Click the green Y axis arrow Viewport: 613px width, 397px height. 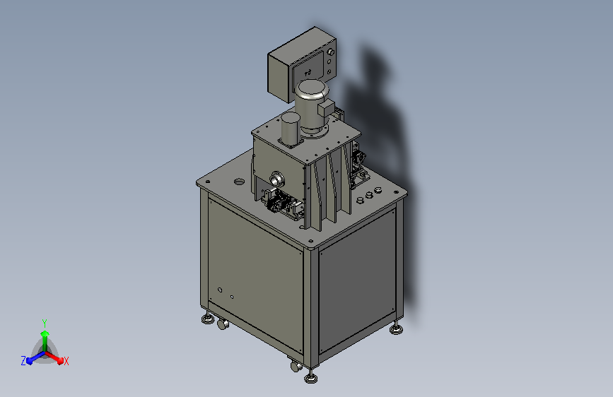[x=45, y=340]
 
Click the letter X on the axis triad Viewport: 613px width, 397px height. [x=66, y=362]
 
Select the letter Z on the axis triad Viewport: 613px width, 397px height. [x=23, y=361]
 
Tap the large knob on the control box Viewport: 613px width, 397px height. [x=331, y=52]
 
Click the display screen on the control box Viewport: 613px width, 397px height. [x=308, y=68]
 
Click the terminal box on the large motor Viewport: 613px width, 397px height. [x=327, y=108]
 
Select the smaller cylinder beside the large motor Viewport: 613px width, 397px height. [x=290, y=129]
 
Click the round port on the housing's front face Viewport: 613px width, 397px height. [x=276, y=179]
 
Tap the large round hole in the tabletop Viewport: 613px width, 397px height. [x=239, y=182]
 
